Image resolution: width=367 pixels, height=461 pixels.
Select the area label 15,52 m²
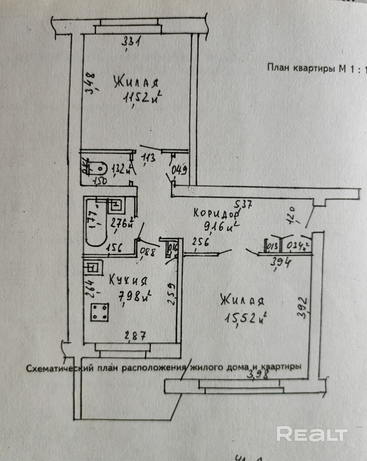tap(245, 318)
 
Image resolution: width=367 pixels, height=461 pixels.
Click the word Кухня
tap(128, 280)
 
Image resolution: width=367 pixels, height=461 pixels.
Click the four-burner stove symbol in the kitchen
tap(99, 312)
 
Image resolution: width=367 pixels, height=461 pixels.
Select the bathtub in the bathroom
tap(95, 222)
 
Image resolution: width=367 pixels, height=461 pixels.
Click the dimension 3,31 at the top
tap(131, 41)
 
